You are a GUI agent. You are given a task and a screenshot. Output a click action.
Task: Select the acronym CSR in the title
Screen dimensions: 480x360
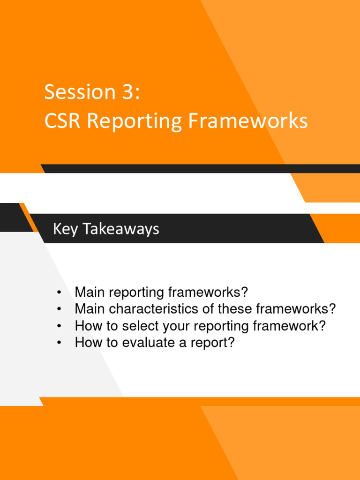[63, 121]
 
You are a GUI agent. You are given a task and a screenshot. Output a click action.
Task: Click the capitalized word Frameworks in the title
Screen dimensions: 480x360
[248, 121]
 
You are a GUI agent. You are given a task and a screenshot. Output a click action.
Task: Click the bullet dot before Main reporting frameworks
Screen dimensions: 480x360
[59, 293]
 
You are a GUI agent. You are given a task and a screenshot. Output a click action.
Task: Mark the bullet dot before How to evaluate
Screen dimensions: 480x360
[59, 343]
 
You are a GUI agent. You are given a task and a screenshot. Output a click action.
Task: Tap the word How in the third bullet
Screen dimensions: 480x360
[87, 326]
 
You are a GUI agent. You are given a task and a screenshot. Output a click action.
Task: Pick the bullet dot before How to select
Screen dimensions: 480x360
[59, 326]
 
